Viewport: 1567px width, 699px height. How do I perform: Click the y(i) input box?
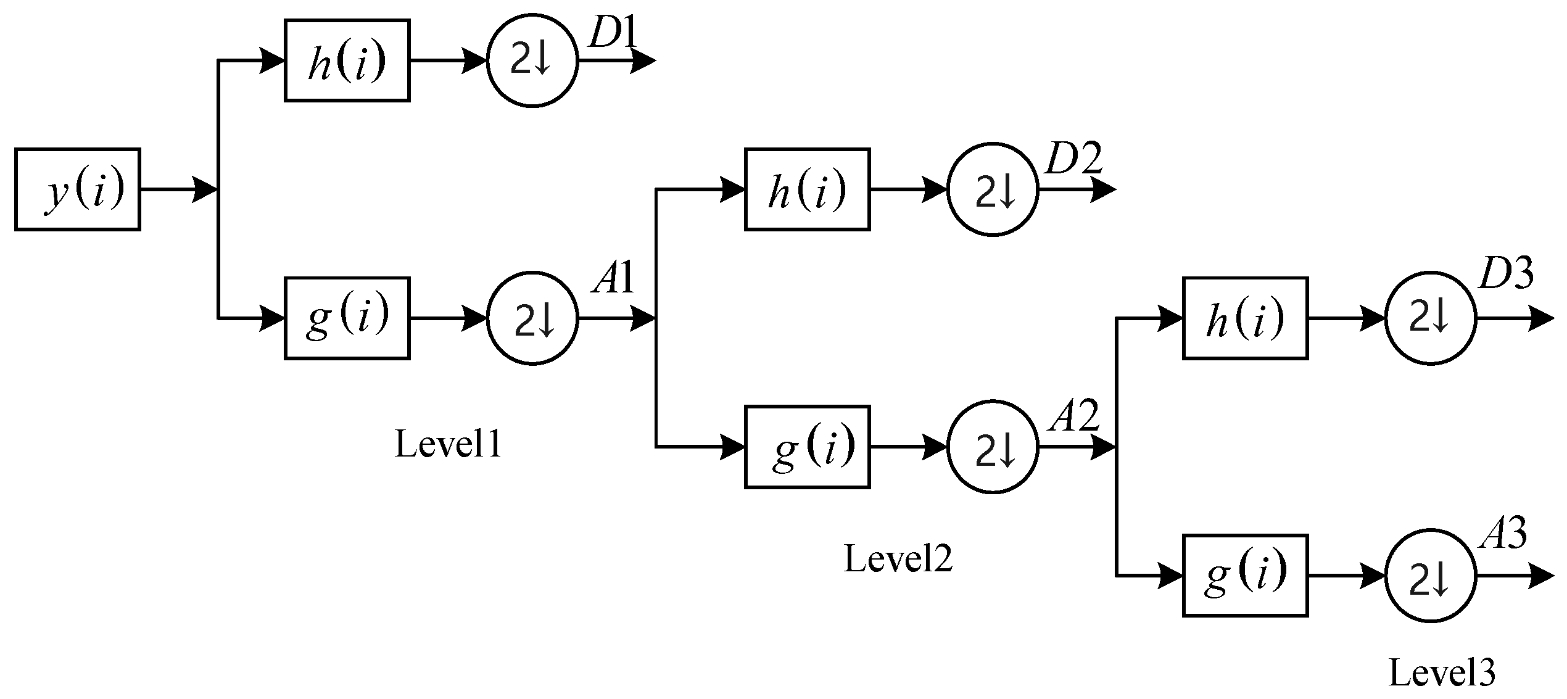point(78,189)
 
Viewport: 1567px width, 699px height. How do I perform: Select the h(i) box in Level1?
point(347,60)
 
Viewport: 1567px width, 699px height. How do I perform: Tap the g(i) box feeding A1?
point(347,318)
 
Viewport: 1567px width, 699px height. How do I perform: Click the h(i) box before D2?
point(807,189)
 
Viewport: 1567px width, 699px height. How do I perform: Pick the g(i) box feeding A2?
point(807,447)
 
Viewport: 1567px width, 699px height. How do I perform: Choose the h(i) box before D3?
point(1245,318)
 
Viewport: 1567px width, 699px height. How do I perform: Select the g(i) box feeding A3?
point(1245,576)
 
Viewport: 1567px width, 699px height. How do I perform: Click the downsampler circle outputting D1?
point(532,60)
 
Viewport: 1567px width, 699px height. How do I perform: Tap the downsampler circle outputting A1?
point(532,318)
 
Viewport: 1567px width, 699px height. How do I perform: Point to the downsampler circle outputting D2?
point(993,189)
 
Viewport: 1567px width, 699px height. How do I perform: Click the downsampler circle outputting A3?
point(1431,576)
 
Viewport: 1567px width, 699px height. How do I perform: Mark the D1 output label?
point(612,34)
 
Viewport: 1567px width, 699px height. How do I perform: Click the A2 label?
point(1073,416)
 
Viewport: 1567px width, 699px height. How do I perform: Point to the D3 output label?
point(1506,275)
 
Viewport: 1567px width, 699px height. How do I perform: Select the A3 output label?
point(1503,533)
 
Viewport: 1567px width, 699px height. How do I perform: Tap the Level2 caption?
point(898,559)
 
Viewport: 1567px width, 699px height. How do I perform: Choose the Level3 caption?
point(1442,673)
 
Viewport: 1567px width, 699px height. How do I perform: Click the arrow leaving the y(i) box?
point(179,189)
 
